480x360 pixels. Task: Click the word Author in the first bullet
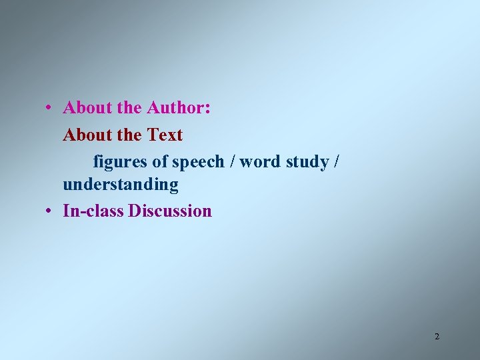tap(176, 108)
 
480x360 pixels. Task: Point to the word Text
tap(165, 135)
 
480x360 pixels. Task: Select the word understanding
tap(121, 185)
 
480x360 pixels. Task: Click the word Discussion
tap(170, 211)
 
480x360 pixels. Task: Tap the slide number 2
tap(437, 336)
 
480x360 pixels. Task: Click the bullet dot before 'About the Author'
tap(50, 108)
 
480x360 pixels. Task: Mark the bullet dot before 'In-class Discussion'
tap(50, 211)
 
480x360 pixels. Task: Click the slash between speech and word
tap(231, 162)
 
